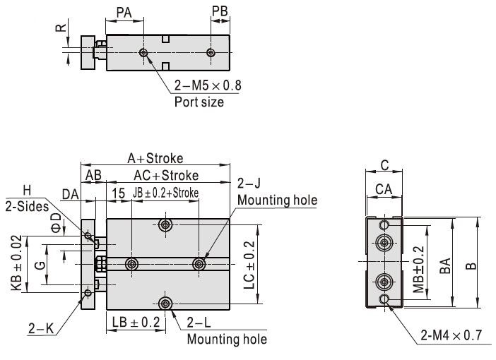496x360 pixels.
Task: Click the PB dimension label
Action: click(x=220, y=11)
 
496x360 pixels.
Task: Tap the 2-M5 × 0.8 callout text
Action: click(x=208, y=86)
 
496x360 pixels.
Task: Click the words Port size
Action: click(x=199, y=102)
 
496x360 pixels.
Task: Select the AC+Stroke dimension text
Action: click(x=166, y=175)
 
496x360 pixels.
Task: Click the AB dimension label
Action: click(x=93, y=175)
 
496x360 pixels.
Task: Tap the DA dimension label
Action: click(x=70, y=193)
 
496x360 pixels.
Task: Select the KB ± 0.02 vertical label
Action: click(x=16, y=263)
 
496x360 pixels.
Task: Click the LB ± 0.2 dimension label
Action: click(x=136, y=322)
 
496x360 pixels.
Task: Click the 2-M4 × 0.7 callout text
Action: click(x=453, y=335)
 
